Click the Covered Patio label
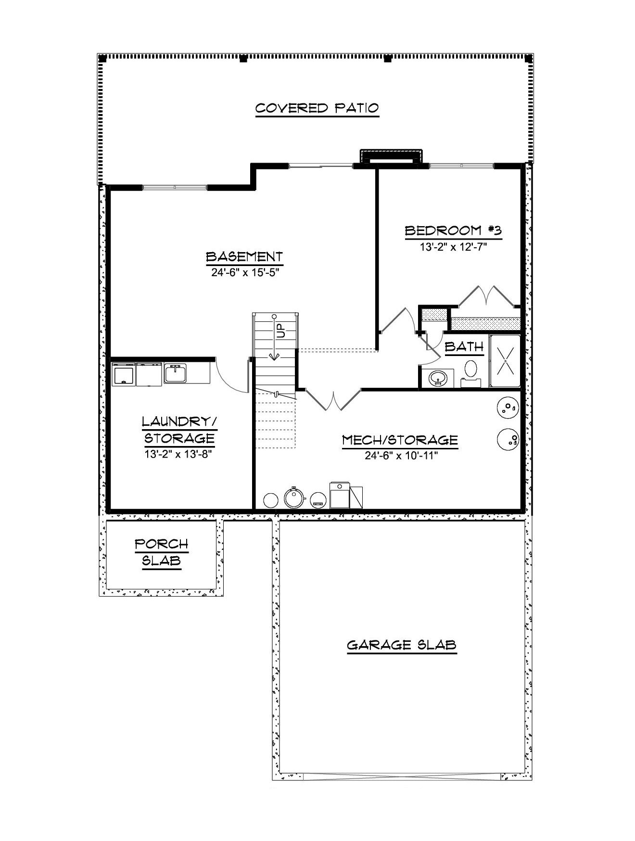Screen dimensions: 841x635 [317, 108]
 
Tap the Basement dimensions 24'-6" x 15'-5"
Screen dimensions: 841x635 [245, 273]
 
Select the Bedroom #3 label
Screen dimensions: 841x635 [453, 230]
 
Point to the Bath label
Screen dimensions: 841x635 [464, 346]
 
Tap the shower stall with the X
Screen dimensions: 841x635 [505, 361]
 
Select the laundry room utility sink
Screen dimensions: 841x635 [175, 373]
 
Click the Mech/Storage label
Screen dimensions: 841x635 [400, 440]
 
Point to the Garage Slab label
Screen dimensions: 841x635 [401, 645]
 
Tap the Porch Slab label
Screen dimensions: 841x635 [161, 552]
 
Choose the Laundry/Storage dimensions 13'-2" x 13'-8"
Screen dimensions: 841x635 [178, 454]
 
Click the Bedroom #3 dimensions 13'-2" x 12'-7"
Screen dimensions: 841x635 [453, 247]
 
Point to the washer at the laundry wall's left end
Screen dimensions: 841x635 [124, 374]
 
